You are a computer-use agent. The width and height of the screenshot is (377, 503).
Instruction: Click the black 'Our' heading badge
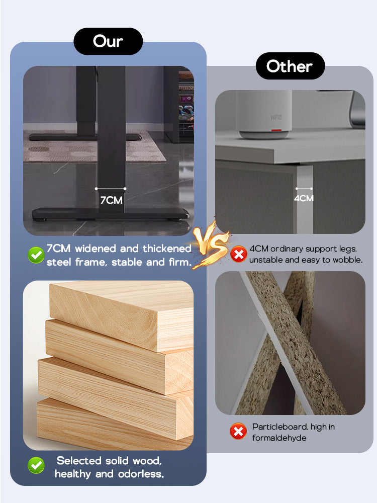[108, 41]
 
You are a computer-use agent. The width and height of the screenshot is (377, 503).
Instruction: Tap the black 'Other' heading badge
[290, 66]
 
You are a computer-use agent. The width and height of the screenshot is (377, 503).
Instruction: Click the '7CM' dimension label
[111, 200]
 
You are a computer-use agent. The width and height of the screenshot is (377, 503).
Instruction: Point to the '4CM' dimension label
[304, 198]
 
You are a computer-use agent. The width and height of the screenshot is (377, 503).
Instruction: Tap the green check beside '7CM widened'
[36, 256]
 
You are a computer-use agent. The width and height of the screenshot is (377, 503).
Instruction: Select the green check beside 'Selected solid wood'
[36, 465]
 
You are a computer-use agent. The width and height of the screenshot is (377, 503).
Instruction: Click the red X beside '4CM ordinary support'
[238, 255]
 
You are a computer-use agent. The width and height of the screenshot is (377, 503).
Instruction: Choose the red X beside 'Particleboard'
[238, 431]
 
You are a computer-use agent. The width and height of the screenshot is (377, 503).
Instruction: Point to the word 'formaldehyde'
[279, 438]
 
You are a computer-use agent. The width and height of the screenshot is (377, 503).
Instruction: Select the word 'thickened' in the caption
[167, 248]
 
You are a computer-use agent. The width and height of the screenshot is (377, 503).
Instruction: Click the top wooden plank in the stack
[122, 314]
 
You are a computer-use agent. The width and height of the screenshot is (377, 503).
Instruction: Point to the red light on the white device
[276, 131]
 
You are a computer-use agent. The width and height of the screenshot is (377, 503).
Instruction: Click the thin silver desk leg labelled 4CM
[304, 199]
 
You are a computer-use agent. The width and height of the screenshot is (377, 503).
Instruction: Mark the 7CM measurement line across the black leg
[111, 189]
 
